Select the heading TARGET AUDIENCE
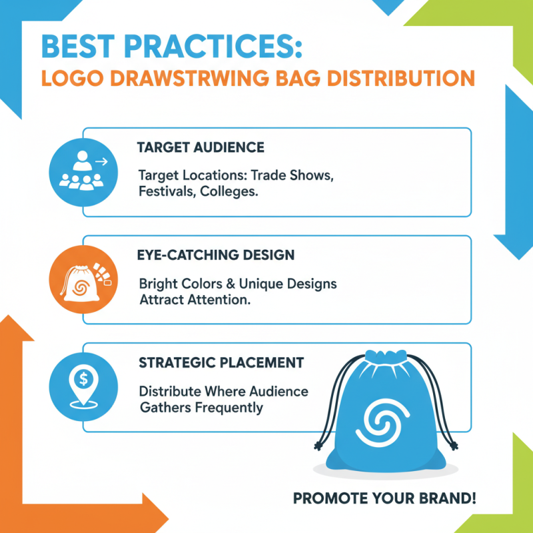pyautogui.click(x=201, y=147)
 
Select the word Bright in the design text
pyautogui.click(x=158, y=284)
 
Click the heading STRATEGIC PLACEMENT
pyautogui.click(x=221, y=363)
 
